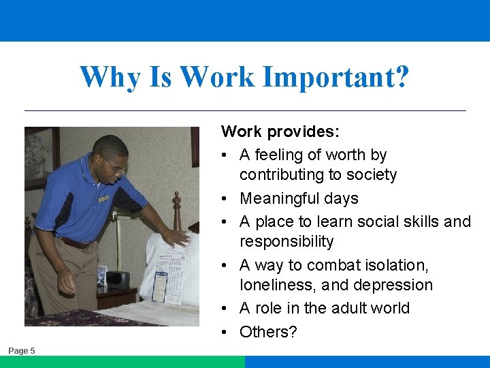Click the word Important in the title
(x=336, y=77)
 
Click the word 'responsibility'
(x=287, y=242)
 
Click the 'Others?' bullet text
(x=268, y=332)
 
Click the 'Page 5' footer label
(x=22, y=350)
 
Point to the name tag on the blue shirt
(x=103, y=199)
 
